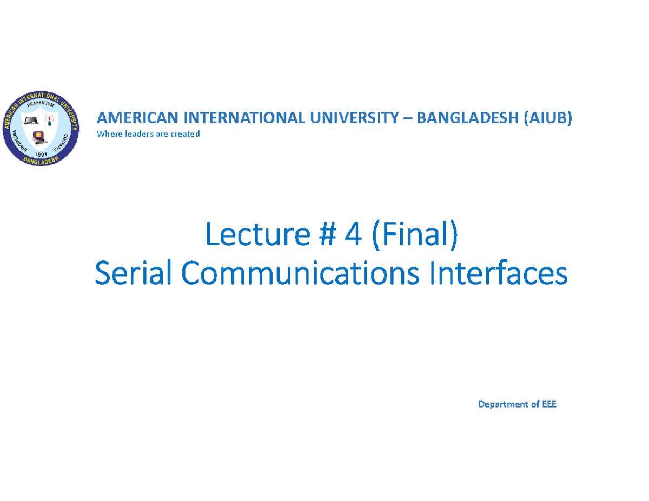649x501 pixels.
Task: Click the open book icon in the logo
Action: tap(31, 121)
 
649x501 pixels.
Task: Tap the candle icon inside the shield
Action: tap(50, 120)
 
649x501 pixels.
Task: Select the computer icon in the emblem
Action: tap(39, 138)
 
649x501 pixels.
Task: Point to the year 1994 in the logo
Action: tap(41, 154)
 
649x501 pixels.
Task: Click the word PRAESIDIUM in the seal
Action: tap(41, 103)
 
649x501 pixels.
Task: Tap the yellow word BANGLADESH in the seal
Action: tap(41, 160)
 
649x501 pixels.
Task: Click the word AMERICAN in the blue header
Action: tap(137, 118)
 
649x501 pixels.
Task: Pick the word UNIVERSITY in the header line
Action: tap(354, 118)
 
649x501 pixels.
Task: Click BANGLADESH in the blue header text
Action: tap(467, 118)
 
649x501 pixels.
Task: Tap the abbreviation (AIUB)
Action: tap(548, 118)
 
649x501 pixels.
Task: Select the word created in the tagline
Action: tap(185, 133)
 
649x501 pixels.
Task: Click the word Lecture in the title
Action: tap(258, 234)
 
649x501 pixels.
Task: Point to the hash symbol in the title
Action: tap(328, 235)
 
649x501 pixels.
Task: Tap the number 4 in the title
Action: tap(353, 235)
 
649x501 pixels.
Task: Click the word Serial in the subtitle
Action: tap(133, 273)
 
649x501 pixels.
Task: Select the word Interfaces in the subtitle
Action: tap(498, 272)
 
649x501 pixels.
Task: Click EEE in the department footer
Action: tap(549, 404)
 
